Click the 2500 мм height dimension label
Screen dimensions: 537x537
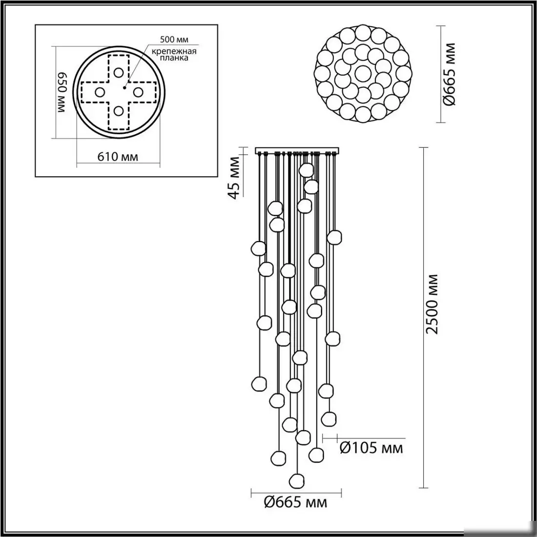(432, 304)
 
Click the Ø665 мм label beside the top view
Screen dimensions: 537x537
(450, 74)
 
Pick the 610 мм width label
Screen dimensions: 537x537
(118, 157)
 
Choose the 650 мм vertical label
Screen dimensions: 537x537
(62, 93)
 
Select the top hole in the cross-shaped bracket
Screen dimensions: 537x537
(119, 72)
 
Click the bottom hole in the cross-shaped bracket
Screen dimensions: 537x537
(119, 111)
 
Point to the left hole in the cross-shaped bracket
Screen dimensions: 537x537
(99, 92)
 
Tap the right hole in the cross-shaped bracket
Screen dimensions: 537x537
(138, 92)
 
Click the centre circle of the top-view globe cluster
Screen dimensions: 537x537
(362, 74)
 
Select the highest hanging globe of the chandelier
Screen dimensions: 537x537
(306, 170)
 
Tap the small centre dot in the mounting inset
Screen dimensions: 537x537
(125, 89)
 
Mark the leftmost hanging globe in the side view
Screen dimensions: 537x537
(258, 248)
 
